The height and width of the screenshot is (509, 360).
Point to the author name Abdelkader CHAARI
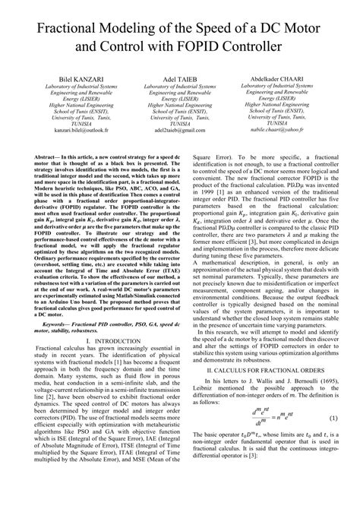point(289,79)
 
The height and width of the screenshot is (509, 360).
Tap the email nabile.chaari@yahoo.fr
point(289,130)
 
